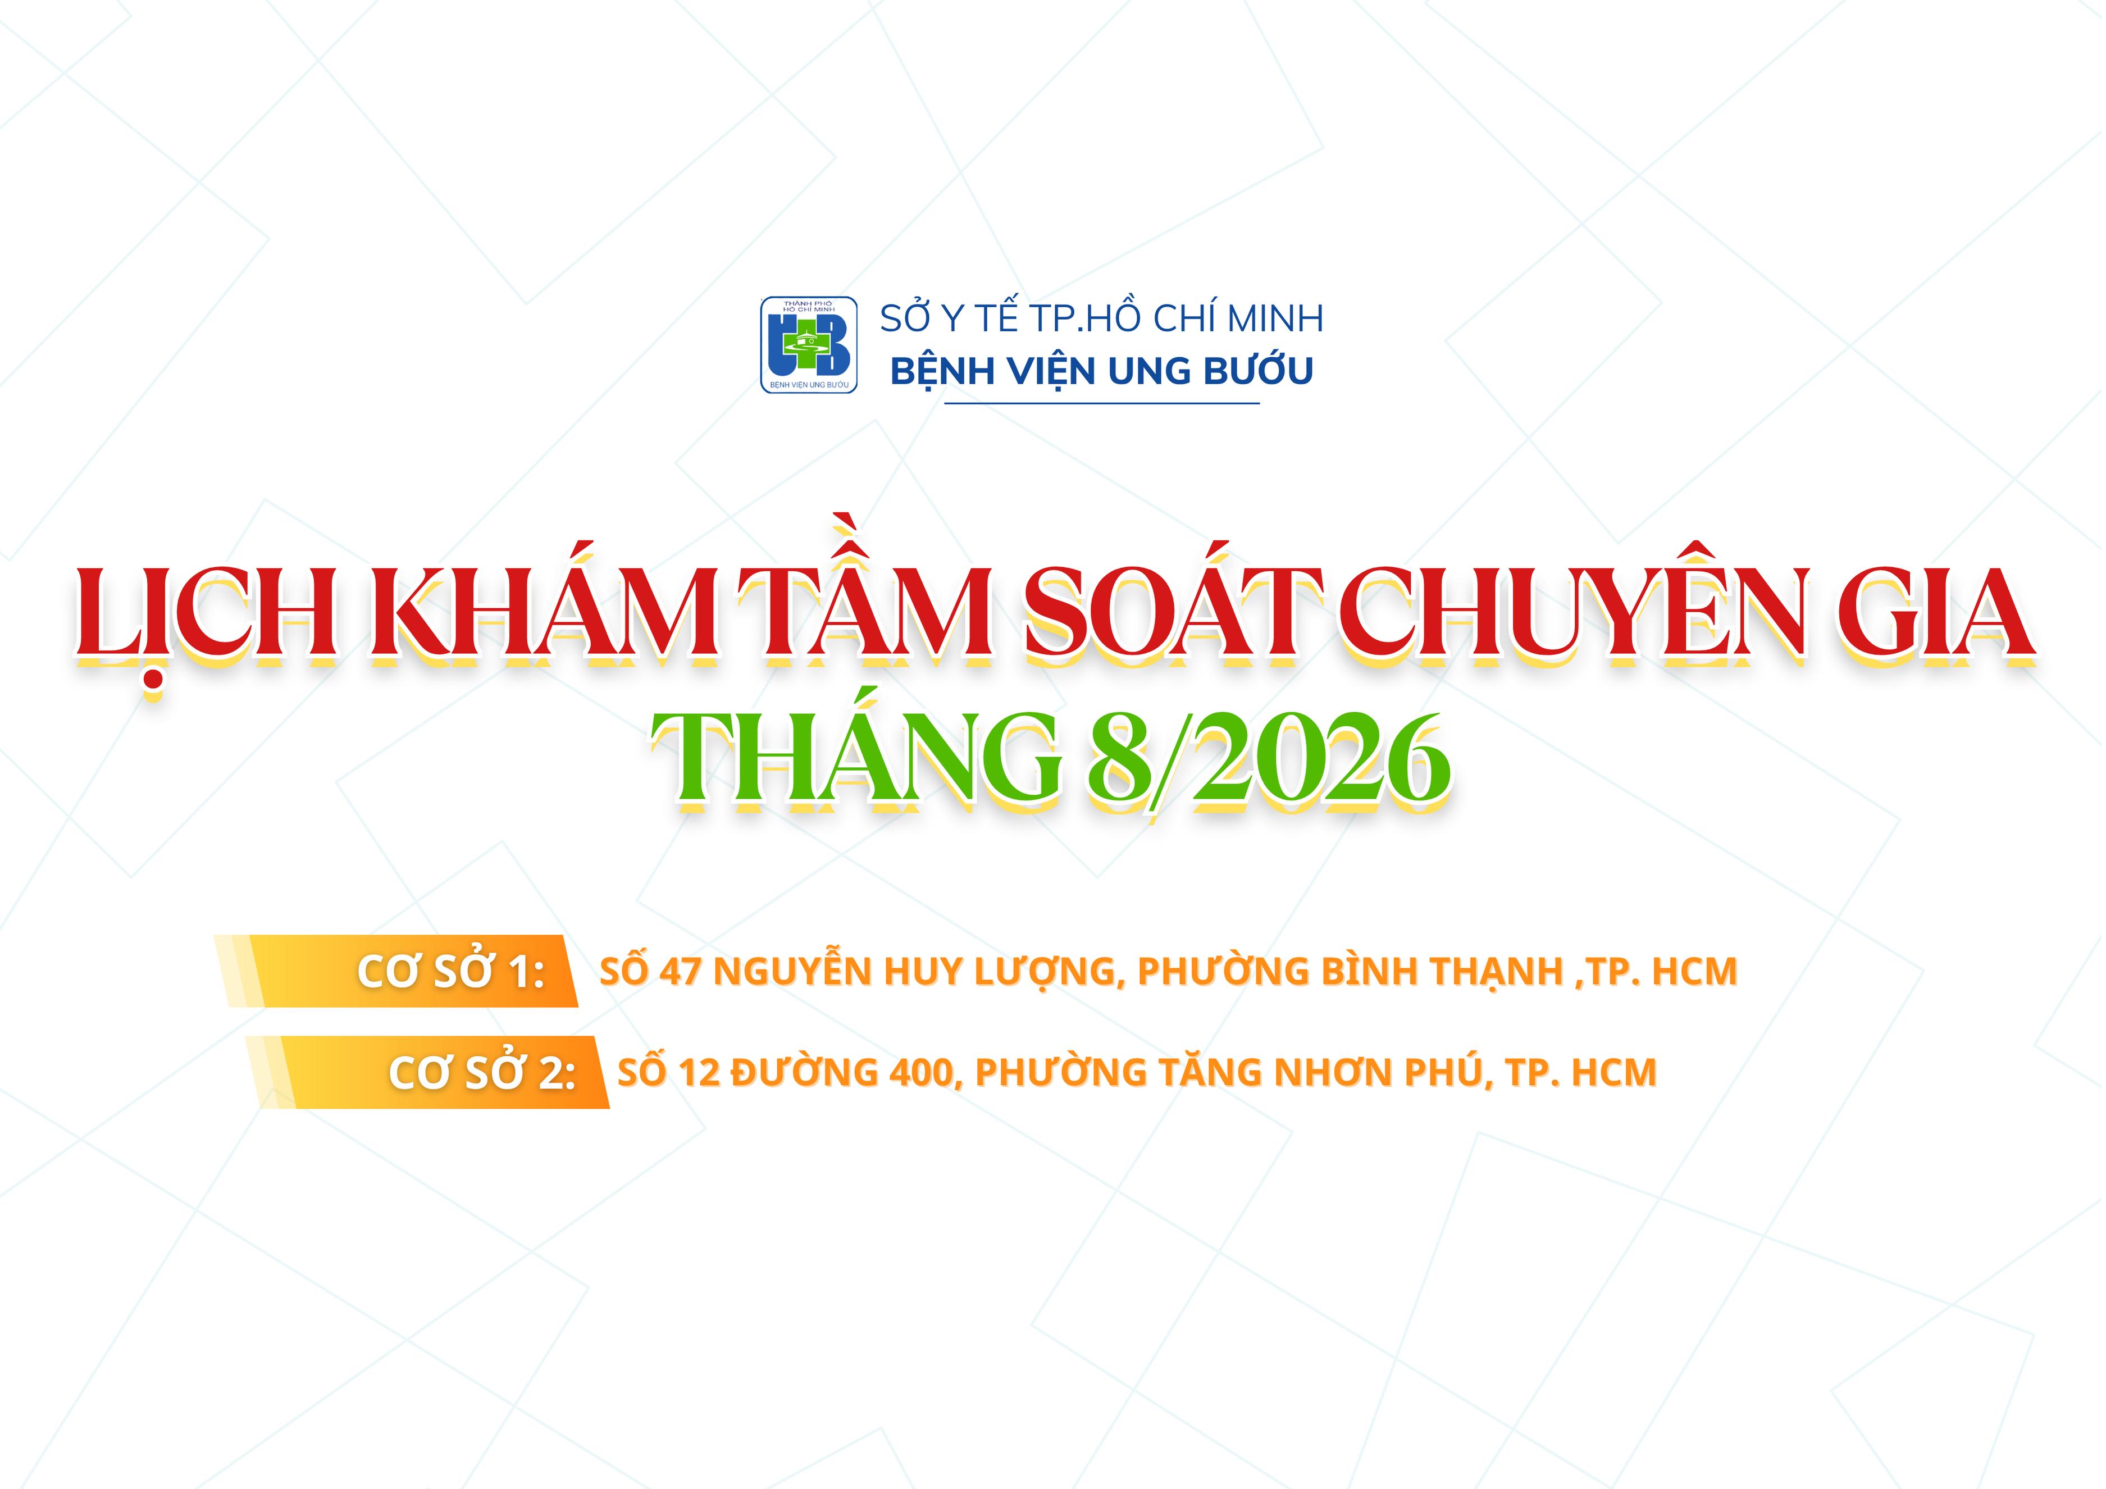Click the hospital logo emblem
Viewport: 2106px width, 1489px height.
click(809, 345)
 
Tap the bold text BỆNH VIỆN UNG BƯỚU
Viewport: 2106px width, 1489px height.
click(1102, 371)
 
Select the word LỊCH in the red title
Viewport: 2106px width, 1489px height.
click(206, 613)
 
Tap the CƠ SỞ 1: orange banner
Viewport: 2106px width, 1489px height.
click(396, 972)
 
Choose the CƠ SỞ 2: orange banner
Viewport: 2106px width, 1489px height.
click(427, 1072)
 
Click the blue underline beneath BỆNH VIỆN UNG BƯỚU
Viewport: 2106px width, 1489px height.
click(1102, 403)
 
